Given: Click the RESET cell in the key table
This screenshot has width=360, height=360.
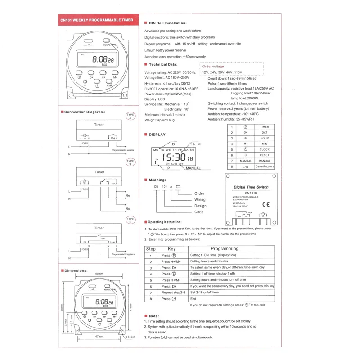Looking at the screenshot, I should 264,155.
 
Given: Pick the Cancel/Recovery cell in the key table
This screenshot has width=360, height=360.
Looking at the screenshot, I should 264,166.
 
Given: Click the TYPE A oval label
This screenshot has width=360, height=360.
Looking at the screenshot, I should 130,116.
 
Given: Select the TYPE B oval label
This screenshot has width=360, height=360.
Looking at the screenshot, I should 130,162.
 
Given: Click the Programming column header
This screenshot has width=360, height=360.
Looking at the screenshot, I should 225,248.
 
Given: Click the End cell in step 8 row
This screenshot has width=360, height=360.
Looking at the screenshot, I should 193,298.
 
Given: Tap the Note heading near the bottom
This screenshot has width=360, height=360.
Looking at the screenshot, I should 153,316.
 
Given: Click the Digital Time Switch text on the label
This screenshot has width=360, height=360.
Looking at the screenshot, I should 251,187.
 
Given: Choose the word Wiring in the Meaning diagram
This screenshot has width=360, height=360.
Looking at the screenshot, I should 200,199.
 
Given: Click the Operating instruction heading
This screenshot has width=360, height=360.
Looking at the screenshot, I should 165,222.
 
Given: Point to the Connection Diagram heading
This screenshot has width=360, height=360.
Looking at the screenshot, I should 84,112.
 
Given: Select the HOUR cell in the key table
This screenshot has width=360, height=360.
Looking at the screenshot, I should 264,138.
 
